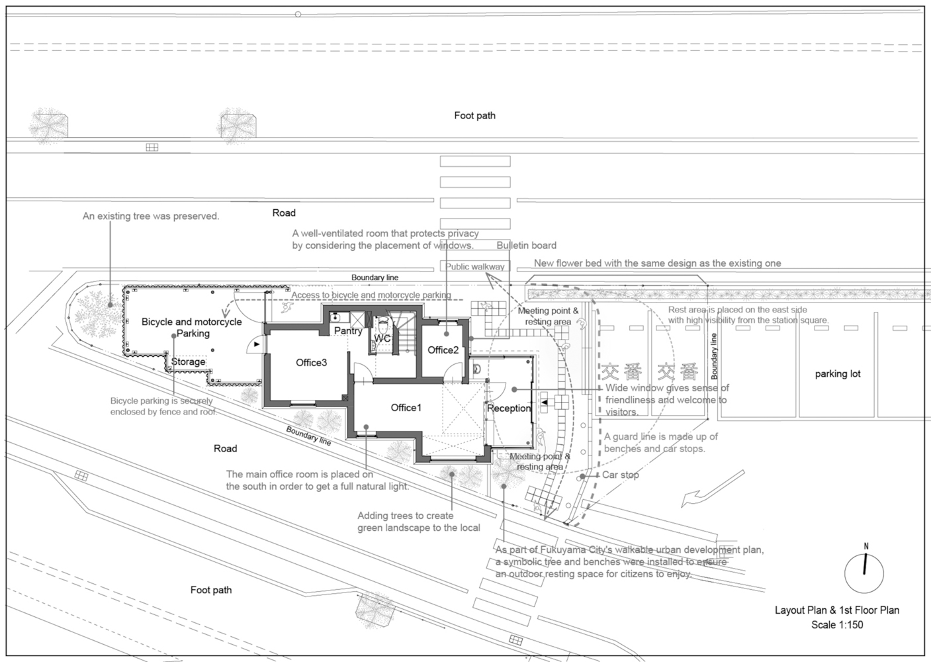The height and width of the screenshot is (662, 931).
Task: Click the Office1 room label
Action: (x=406, y=408)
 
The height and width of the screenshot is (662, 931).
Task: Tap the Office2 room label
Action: (x=443, y=350)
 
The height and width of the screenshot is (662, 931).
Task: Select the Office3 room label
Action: (x=311, y=363)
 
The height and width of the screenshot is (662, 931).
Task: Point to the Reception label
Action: (x=509, y=408)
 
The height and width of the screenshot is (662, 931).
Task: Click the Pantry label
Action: (x=348, y=331)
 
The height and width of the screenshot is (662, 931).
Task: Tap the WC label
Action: (x=382, y=338)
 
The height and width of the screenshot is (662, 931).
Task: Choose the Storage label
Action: (x=189, y=361)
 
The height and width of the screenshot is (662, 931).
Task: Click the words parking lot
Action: (x=838, y=374)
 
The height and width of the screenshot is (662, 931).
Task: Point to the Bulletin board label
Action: (x=526, y=246)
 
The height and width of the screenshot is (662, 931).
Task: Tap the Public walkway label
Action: (x=474, y=267)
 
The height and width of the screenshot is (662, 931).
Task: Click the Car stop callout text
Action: (x=621, y=475)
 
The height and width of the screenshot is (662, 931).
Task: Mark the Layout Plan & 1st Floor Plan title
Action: (x=837, y=610)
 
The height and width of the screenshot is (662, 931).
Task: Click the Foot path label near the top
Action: (x=474, y=116)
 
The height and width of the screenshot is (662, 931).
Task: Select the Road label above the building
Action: (x=284, y=213)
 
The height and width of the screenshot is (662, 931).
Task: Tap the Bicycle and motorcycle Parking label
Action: (x=192, y=327)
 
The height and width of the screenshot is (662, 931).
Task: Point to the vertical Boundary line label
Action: (x=714, y=356)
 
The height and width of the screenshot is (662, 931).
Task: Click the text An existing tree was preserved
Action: (x=151, y=216)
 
